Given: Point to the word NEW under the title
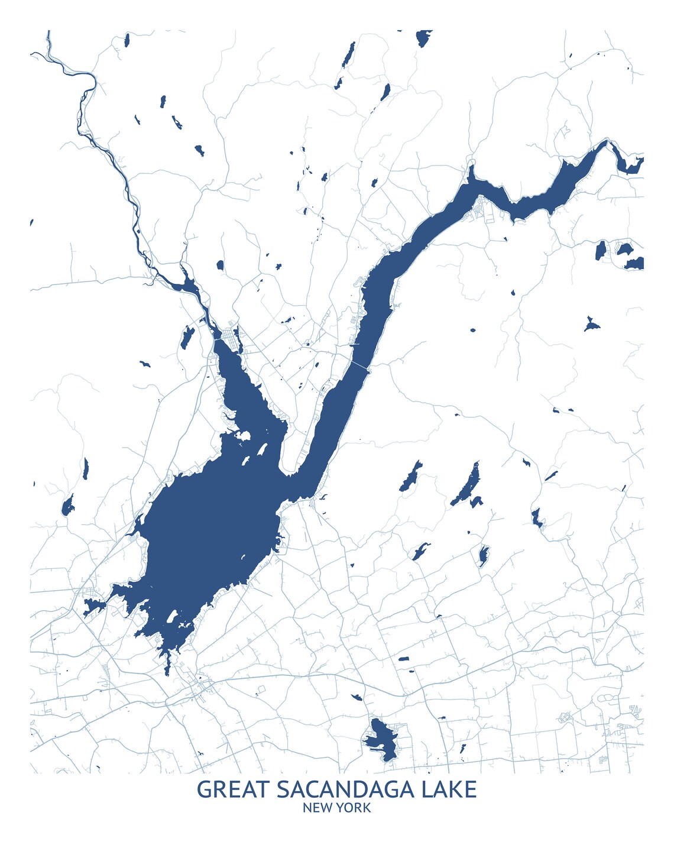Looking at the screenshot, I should click(317, 808).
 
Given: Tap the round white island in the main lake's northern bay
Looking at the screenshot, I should click(242, 436).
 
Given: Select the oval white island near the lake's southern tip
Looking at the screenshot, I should click(171, 617).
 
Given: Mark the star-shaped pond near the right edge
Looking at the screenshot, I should click(591, 324).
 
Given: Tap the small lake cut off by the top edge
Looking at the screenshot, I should click(423, 38).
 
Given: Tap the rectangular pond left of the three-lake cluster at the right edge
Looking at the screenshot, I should click(601, 250).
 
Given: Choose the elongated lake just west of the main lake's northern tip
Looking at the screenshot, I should click(187, 336).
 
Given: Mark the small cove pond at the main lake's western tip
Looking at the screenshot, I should click(93, 606).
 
